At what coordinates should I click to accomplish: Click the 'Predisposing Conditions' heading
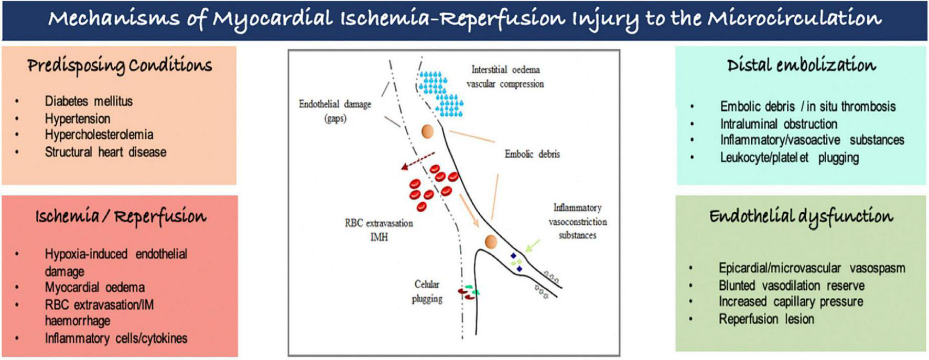pyautogui.click(x=120, y=66)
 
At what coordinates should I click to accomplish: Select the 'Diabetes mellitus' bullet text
pyautogui.click(x=89, y=101)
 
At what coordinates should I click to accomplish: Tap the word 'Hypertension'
pyautogui.click(x=78, y=119)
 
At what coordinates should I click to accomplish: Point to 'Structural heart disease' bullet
pyautogui.click(x=105, y=152)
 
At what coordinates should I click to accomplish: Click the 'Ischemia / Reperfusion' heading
pyautogui.click(x=121, y=216)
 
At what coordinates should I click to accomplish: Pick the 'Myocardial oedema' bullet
pyautogui.click(x=94, y=287)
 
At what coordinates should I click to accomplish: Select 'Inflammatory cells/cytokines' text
pyautogui.click(x=116, y=339)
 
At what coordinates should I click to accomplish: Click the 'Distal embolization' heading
pyautogui.click(x=801, y=65)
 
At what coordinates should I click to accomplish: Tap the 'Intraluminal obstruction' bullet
pyautogui.click(x=779, y=124)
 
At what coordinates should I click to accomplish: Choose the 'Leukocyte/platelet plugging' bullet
pyautogui.click(x=789, y=158)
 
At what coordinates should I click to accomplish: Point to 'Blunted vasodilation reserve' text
pyautogui.click(x=792, y=286)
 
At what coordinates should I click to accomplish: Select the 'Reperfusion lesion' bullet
pyautogui.click(x=766, y=319)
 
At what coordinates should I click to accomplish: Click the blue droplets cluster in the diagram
pyautogui.click(x=440, y=93)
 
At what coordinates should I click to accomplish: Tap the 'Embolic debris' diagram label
pyautogui.click(x=532, y=154)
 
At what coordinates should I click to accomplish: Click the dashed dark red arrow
pyautogui.click(x=418, y=161)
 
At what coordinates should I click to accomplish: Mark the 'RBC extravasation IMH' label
pyautogui.click(x=379, y=230)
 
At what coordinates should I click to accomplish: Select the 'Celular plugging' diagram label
pyautogui.click(x=427, y=291)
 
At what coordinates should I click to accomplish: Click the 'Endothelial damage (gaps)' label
pyautogui.click(x=335, y=111)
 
